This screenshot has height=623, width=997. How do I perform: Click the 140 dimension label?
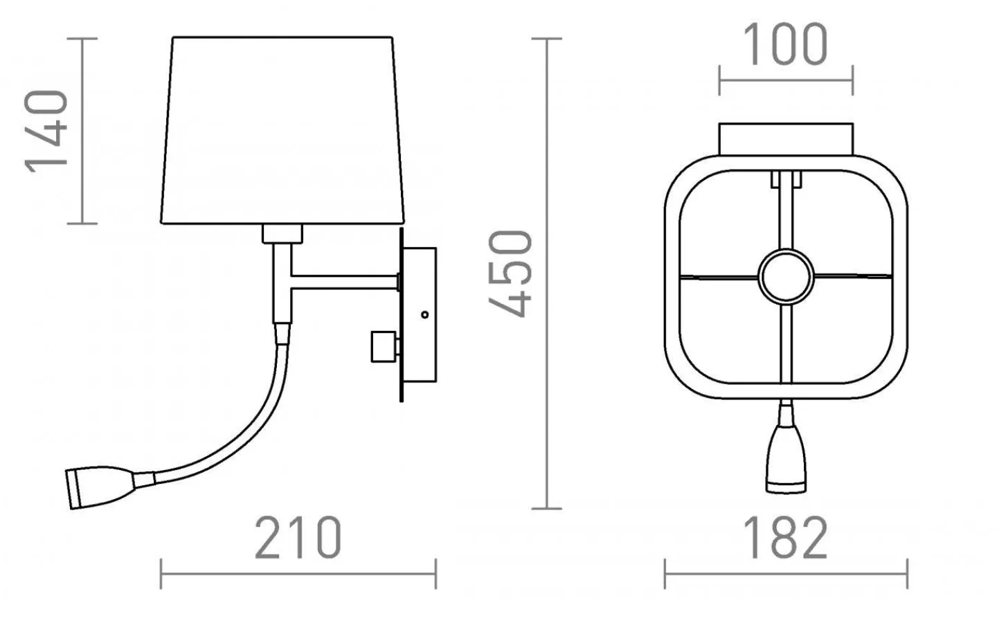point(46,132)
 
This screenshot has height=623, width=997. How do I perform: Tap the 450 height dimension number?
point(510,273)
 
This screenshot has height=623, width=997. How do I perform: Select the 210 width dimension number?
point(298,537)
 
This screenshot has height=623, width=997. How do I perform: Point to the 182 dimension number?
point(785,537)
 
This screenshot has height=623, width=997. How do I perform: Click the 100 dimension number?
point(785,44)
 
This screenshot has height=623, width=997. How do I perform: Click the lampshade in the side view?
point(282,130)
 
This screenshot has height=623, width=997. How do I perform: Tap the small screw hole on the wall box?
point(424,314)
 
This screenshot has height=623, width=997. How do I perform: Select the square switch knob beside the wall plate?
point(384,347)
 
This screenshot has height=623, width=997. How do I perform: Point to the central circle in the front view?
point(786,277)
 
